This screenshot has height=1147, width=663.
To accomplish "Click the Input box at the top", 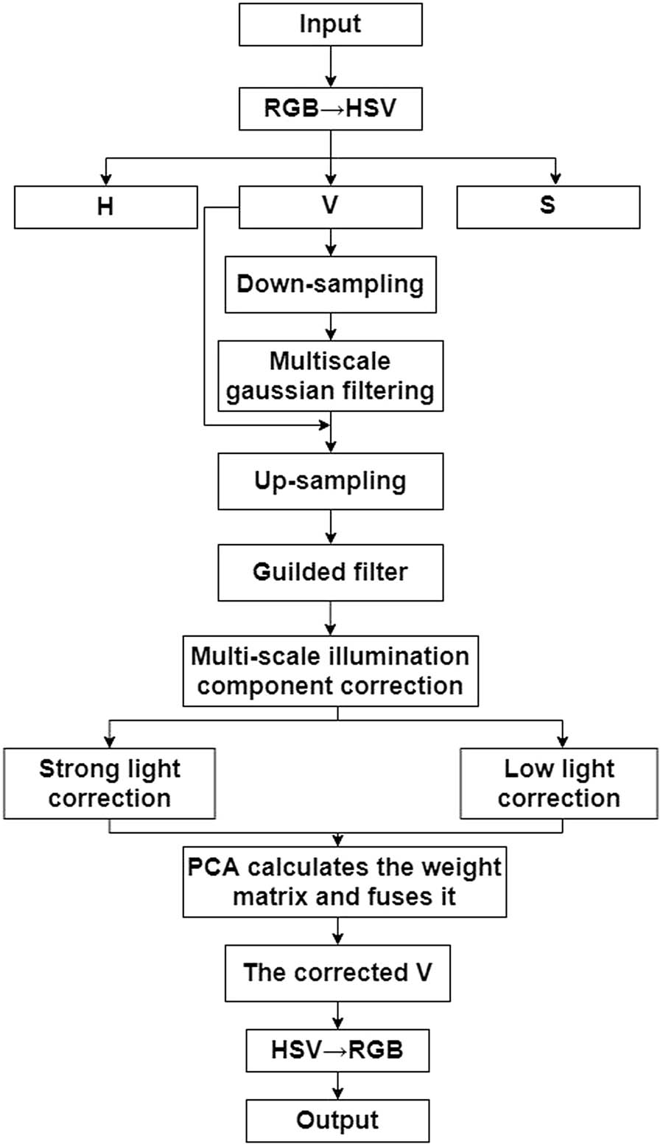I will [330, 24].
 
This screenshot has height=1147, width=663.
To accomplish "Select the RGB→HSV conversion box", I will [330, 108].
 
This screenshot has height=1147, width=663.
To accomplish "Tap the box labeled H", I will [106, 206].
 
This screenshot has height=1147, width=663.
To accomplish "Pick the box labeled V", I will [330, 206].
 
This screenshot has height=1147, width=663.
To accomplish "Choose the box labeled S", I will [548, 206].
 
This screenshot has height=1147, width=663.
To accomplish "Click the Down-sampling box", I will [330, 285].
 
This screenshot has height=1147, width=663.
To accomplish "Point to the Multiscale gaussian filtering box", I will [330, 376].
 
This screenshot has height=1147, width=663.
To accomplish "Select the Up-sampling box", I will [330, 481].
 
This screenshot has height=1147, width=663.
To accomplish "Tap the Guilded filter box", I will [330, 572].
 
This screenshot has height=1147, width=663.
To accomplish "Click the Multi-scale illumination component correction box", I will [330, 672].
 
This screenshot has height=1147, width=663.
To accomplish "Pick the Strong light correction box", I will [110, 784].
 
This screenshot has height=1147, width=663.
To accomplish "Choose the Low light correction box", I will [559, 784].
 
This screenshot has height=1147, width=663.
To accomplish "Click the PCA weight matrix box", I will [344, 882].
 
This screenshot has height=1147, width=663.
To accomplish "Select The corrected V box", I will [337, 973].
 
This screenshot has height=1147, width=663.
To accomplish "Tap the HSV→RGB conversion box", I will [337, 1050].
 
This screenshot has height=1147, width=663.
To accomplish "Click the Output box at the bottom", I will [337, 1120].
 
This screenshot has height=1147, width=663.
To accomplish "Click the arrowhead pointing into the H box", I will [106, 178].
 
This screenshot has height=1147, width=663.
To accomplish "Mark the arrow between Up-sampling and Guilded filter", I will [330, 527].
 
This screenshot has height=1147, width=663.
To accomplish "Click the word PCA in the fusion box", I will [214, 867].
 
